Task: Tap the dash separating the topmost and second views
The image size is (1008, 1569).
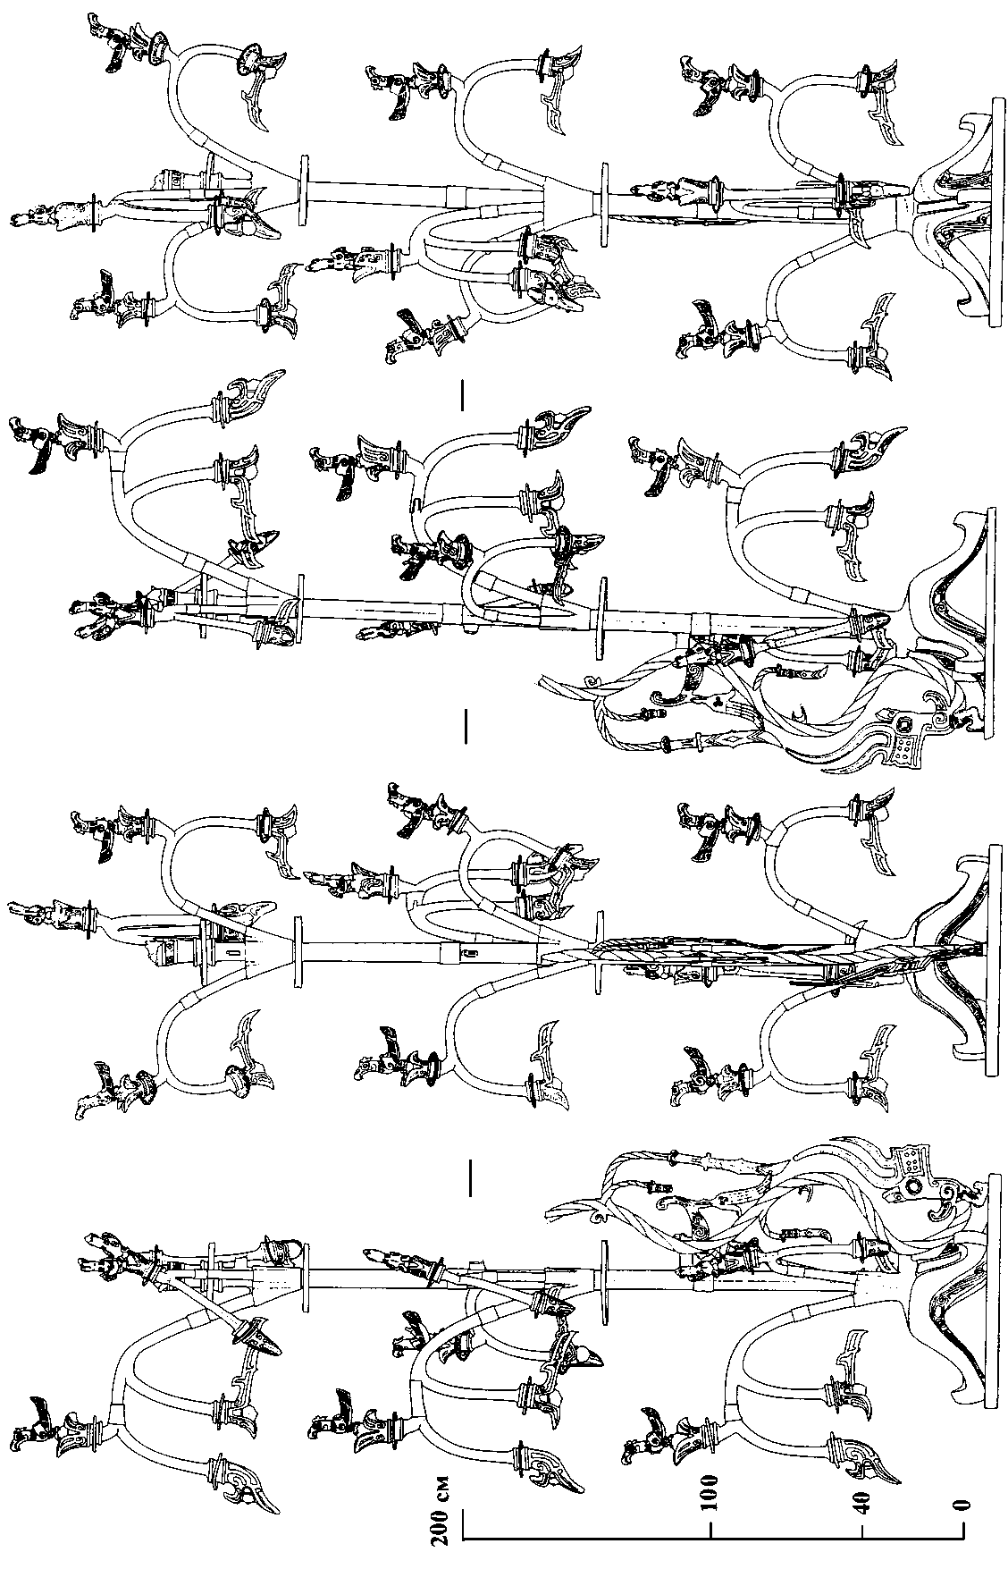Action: tap(463, 396)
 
